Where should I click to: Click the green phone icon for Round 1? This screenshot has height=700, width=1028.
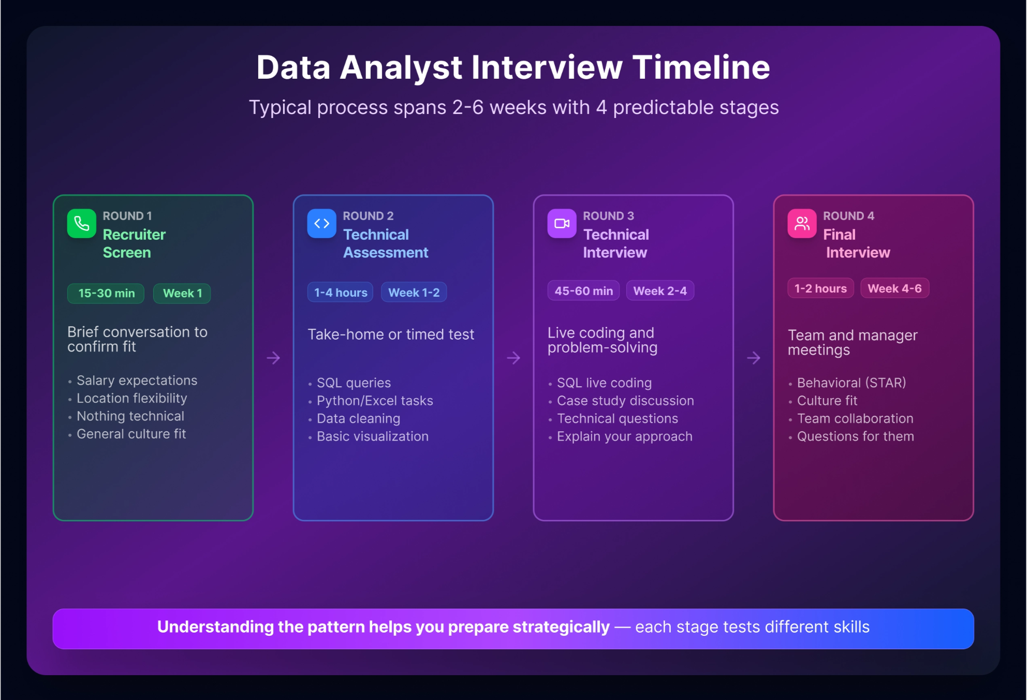tap(81, 224)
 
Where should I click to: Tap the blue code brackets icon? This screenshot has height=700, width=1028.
tap(321, 224)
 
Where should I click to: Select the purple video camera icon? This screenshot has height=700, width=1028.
tap(562, 224)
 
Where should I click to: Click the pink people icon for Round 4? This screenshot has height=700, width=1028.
tap(802, 224)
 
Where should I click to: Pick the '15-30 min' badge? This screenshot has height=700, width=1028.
tap(106, 294)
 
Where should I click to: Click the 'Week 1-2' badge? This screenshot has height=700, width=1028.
tap(414, 293)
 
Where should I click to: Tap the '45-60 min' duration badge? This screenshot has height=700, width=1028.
tap(583, 291)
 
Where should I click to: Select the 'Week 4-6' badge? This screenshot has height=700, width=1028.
tap(894, 288)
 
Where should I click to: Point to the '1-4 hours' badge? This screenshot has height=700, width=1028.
tap(340, 293)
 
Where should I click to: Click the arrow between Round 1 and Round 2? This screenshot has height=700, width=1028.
tap(273, 358)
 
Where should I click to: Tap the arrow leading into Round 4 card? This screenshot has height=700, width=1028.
tap(754, 358)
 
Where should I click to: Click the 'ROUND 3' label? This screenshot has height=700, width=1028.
tap(608, 216)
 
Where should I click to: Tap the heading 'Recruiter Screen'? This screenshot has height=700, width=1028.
tap(134, 243)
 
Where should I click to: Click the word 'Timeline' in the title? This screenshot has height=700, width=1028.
tap(701, 67)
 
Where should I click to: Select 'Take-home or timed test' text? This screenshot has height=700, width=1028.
tap(391, 334)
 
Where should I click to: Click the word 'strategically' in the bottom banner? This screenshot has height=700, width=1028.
tap(561, 627)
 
